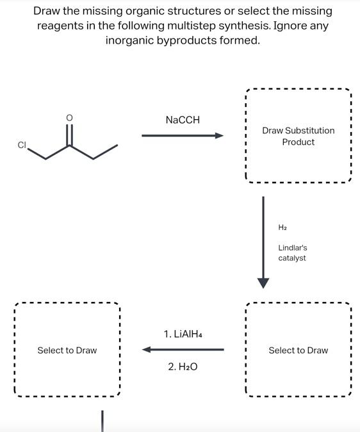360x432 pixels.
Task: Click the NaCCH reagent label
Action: pos(183,120)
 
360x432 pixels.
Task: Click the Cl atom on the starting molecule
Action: pos(22,145)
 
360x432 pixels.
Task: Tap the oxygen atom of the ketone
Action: pos(69,118)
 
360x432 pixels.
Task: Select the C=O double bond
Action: pos(69,135)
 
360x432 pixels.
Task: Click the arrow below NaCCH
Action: pos(183,135)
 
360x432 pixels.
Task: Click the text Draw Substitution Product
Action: pos(299,136)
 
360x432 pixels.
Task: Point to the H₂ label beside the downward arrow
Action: pos(282,228)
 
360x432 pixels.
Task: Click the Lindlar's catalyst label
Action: pos(293,253)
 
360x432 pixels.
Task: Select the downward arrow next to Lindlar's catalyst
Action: pos(263,242)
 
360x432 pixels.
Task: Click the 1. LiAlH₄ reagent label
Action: pos(183,334)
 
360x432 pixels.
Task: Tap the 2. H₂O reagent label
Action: pos(183,367)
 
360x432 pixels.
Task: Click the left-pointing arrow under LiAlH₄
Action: pos(183,349)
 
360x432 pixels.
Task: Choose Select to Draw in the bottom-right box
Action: pos(299,350)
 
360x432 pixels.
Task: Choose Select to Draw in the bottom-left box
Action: pos(67,350)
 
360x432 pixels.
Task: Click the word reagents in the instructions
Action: pos(60,26)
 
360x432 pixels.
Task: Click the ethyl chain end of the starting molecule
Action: pos(117,145)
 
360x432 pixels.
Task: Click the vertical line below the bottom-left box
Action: pos(102,421)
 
